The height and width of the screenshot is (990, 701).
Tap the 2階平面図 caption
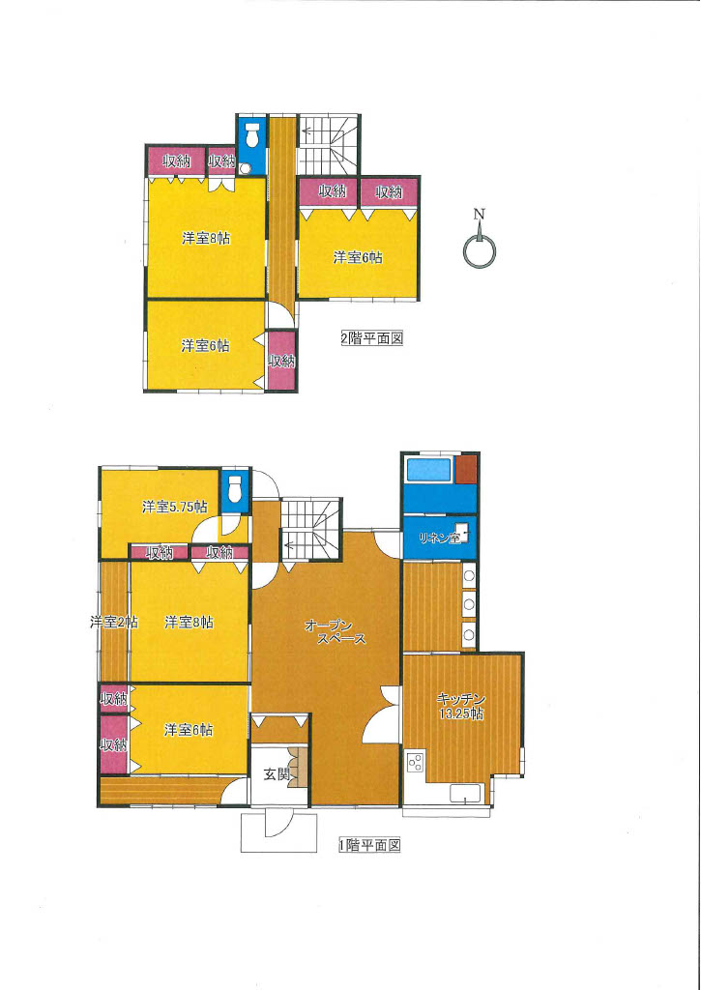pos(372,339)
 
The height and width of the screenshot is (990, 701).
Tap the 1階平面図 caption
pos(370,845)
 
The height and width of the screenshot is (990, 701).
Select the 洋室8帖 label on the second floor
pos(206,239)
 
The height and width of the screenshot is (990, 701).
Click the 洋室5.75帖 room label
pos(174,507)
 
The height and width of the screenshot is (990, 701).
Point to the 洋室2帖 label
pos(114,622)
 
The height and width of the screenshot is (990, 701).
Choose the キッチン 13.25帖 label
pos(461,706)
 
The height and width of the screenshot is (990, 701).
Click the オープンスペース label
pos(335,631)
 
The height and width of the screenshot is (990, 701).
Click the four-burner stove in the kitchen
pos(416,763)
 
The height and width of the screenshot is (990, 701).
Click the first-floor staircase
pos(311,529)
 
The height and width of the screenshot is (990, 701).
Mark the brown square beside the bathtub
pos(467,469)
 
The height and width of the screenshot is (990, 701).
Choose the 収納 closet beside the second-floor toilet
pos(221,161)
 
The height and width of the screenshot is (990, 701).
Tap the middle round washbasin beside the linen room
pos(469,604)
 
